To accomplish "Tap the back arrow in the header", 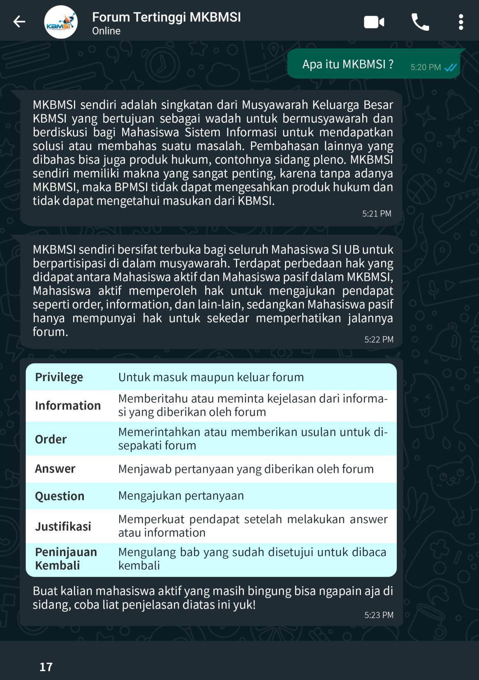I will point(19,22).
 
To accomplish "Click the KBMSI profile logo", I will point(61,22).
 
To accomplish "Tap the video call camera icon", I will point(374,22).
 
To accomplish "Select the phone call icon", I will point(420,22).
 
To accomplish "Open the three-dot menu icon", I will point(461,22).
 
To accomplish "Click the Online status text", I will point(106,31).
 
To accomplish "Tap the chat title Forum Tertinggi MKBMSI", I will point(166,17).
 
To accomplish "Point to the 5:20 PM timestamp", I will point(425,67).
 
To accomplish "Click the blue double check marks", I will point(451,67).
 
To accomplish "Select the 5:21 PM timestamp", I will point(377,214).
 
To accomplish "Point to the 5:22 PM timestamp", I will point(379,339).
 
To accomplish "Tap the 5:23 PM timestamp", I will point(379,615).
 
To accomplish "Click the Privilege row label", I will point(59,377).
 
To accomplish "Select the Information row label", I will point(68,406).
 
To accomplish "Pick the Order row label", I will point(51,439).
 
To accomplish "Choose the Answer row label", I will point(55,469).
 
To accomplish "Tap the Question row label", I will point(60,496).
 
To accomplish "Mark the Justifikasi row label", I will point(63,527).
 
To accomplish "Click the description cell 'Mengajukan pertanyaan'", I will point(181,496).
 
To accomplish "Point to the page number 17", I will point(46,667).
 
